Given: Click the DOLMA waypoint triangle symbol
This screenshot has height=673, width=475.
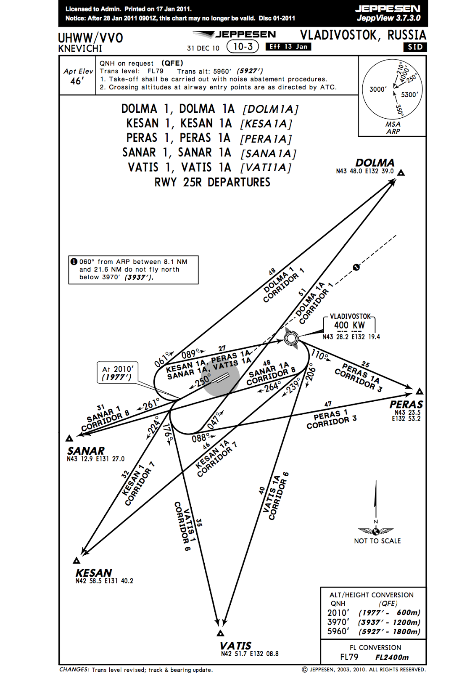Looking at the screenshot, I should pyautogui.click(x=401, y=173).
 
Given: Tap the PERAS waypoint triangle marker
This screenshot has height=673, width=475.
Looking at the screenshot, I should pyautogui.click(x=419, y=392).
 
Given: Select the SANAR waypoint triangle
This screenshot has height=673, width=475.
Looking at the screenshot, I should pyautogui.click(x=70, y=438).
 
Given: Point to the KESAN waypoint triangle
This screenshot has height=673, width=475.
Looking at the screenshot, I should pyautogui.click(x=77, y=560).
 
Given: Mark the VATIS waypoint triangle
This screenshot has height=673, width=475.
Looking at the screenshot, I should pyautogui.click(x=220, y=633).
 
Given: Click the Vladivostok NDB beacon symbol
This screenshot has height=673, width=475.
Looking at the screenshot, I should pyautogui.click(x=291, y=337).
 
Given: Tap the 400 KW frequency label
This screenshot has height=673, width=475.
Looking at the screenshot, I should pyautogui.click(x=349, y=325).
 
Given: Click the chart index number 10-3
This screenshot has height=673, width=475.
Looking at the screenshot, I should pyautogui.click(x=243, y=47).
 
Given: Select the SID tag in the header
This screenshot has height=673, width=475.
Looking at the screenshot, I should pyautogui.click(x=415, y=47).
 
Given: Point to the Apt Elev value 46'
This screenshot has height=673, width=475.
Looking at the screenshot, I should pyautogui.click(x=77, y=81).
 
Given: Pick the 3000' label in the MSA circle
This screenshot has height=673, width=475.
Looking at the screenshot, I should pyautogui.click(x=377, y=89).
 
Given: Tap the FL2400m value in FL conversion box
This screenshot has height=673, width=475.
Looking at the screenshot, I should pyautogui.click(x=392, y=657).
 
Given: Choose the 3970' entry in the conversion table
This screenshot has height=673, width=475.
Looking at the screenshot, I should pyautogui.click(x=338, y=622).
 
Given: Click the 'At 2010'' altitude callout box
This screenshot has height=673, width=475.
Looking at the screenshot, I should pyautogui.click(x=117, y=373).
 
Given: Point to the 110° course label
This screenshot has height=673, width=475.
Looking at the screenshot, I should pyautogui.click(x=320, y=356).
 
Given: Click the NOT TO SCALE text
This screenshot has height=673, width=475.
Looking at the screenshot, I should pyautogui.click(x=377, y=541).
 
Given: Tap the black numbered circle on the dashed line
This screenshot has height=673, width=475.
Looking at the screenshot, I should pyautogui.click(x=356, y=267).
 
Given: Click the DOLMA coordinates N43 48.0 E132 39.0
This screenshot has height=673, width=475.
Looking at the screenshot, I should pyautogui.click(x=364, y=171).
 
